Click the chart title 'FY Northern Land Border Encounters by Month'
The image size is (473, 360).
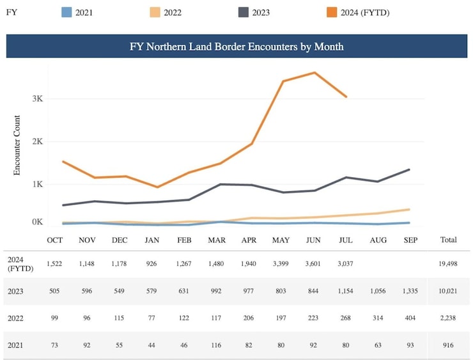[x=236, y=47]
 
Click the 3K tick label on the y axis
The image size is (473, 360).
[x=36, y=99]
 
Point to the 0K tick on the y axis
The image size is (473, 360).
[x=36, y=223]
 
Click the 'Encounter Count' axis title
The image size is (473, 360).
[x=17, y=146]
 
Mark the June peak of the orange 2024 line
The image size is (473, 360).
[x=314, y=72]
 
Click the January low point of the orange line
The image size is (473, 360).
[x=157, y=187]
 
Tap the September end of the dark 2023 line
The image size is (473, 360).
[x=409, y=169]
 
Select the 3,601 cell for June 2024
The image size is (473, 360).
[x=314, y=263]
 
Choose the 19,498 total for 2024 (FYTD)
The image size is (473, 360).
[x=449, y=263]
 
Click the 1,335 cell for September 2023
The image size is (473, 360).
[x=410, y=291]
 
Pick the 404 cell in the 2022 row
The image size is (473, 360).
[x=410, y=318]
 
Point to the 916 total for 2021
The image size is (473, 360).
[x=449, y=345]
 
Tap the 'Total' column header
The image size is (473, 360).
[x=449, y=240]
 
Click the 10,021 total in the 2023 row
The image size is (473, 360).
[x=449, y=291]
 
